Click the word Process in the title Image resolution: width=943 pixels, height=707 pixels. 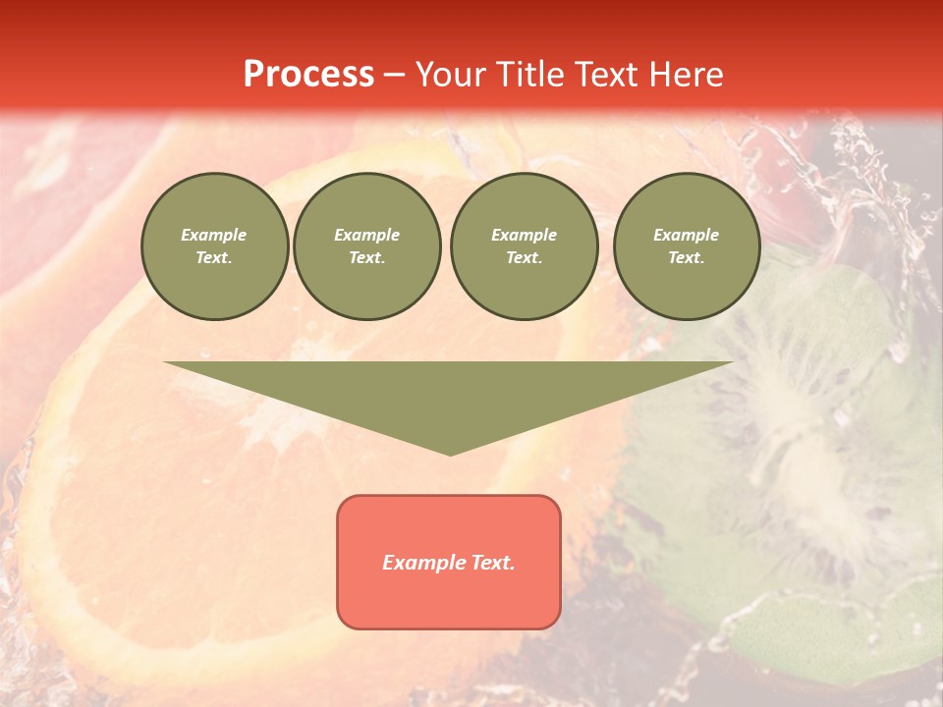(x=308, y=75)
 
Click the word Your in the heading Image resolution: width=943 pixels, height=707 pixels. (x=451, y=75)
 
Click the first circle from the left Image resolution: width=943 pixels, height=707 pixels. (x=214, y=246)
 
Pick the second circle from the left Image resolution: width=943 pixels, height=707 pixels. (x=366, y=246)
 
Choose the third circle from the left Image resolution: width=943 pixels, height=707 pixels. (x=524, y=246)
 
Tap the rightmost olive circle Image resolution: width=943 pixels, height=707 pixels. (x=686, y=246)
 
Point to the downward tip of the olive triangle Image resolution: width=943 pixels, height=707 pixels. (x=450, y=453)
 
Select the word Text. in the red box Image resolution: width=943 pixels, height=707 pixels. (x=493, y=563)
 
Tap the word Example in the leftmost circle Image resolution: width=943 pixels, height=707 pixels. (x=214, y=235)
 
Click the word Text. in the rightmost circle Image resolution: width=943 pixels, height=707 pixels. (x=686, y=258)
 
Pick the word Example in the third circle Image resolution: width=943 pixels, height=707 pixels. (x=524, y=235)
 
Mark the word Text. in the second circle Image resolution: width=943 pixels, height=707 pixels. (x=366, y=258)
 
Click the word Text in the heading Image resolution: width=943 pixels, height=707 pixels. (x=605, y=75)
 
